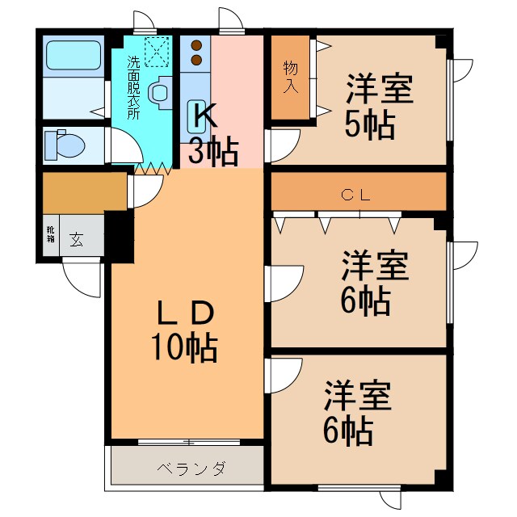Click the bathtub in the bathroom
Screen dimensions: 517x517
[x=73, y=57]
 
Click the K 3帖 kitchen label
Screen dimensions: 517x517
[x=212, y=133]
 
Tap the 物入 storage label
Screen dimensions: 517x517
[x=290, y=77]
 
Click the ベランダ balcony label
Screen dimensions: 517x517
[x=191, y=469]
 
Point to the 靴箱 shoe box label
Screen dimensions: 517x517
[x=48, y=235]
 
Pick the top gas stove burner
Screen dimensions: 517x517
[x=195, y=46]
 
